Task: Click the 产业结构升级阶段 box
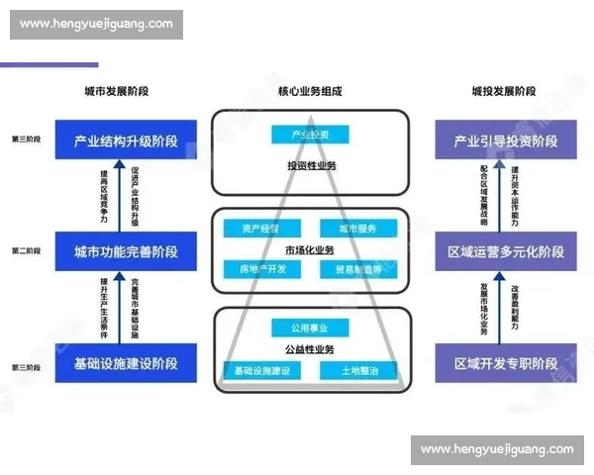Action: click(x=125, y=142)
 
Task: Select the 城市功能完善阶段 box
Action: click(x=125, y=251)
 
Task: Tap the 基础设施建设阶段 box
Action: click(x=125, y=363)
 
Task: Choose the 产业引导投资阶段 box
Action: click(x=505, y=142)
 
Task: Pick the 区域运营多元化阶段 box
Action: click(x=505, y=251)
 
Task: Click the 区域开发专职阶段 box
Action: click(x=505, y=363)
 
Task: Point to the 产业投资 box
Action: click(x=310, y=134)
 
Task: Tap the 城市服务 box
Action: click(x=359, y=229)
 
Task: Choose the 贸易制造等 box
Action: click(x=359, y=268)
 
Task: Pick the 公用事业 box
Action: click(x=310, y=329)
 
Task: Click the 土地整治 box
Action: click(x=358, y=371)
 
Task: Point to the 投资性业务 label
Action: click(x=310, y=165)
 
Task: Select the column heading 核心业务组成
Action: click(x=310, y=91)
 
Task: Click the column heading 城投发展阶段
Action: click(x=504, y=91)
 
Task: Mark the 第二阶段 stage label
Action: click(x=26, y=251)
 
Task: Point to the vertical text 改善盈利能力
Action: click(x=514, y=306)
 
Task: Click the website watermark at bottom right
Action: click(x=496, y=450)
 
